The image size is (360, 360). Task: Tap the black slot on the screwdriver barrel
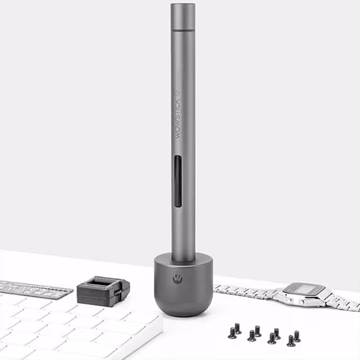178,181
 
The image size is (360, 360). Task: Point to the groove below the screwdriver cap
183,31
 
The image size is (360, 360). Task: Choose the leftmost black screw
232,333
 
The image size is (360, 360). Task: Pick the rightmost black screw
297,336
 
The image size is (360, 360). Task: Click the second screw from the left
238,328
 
